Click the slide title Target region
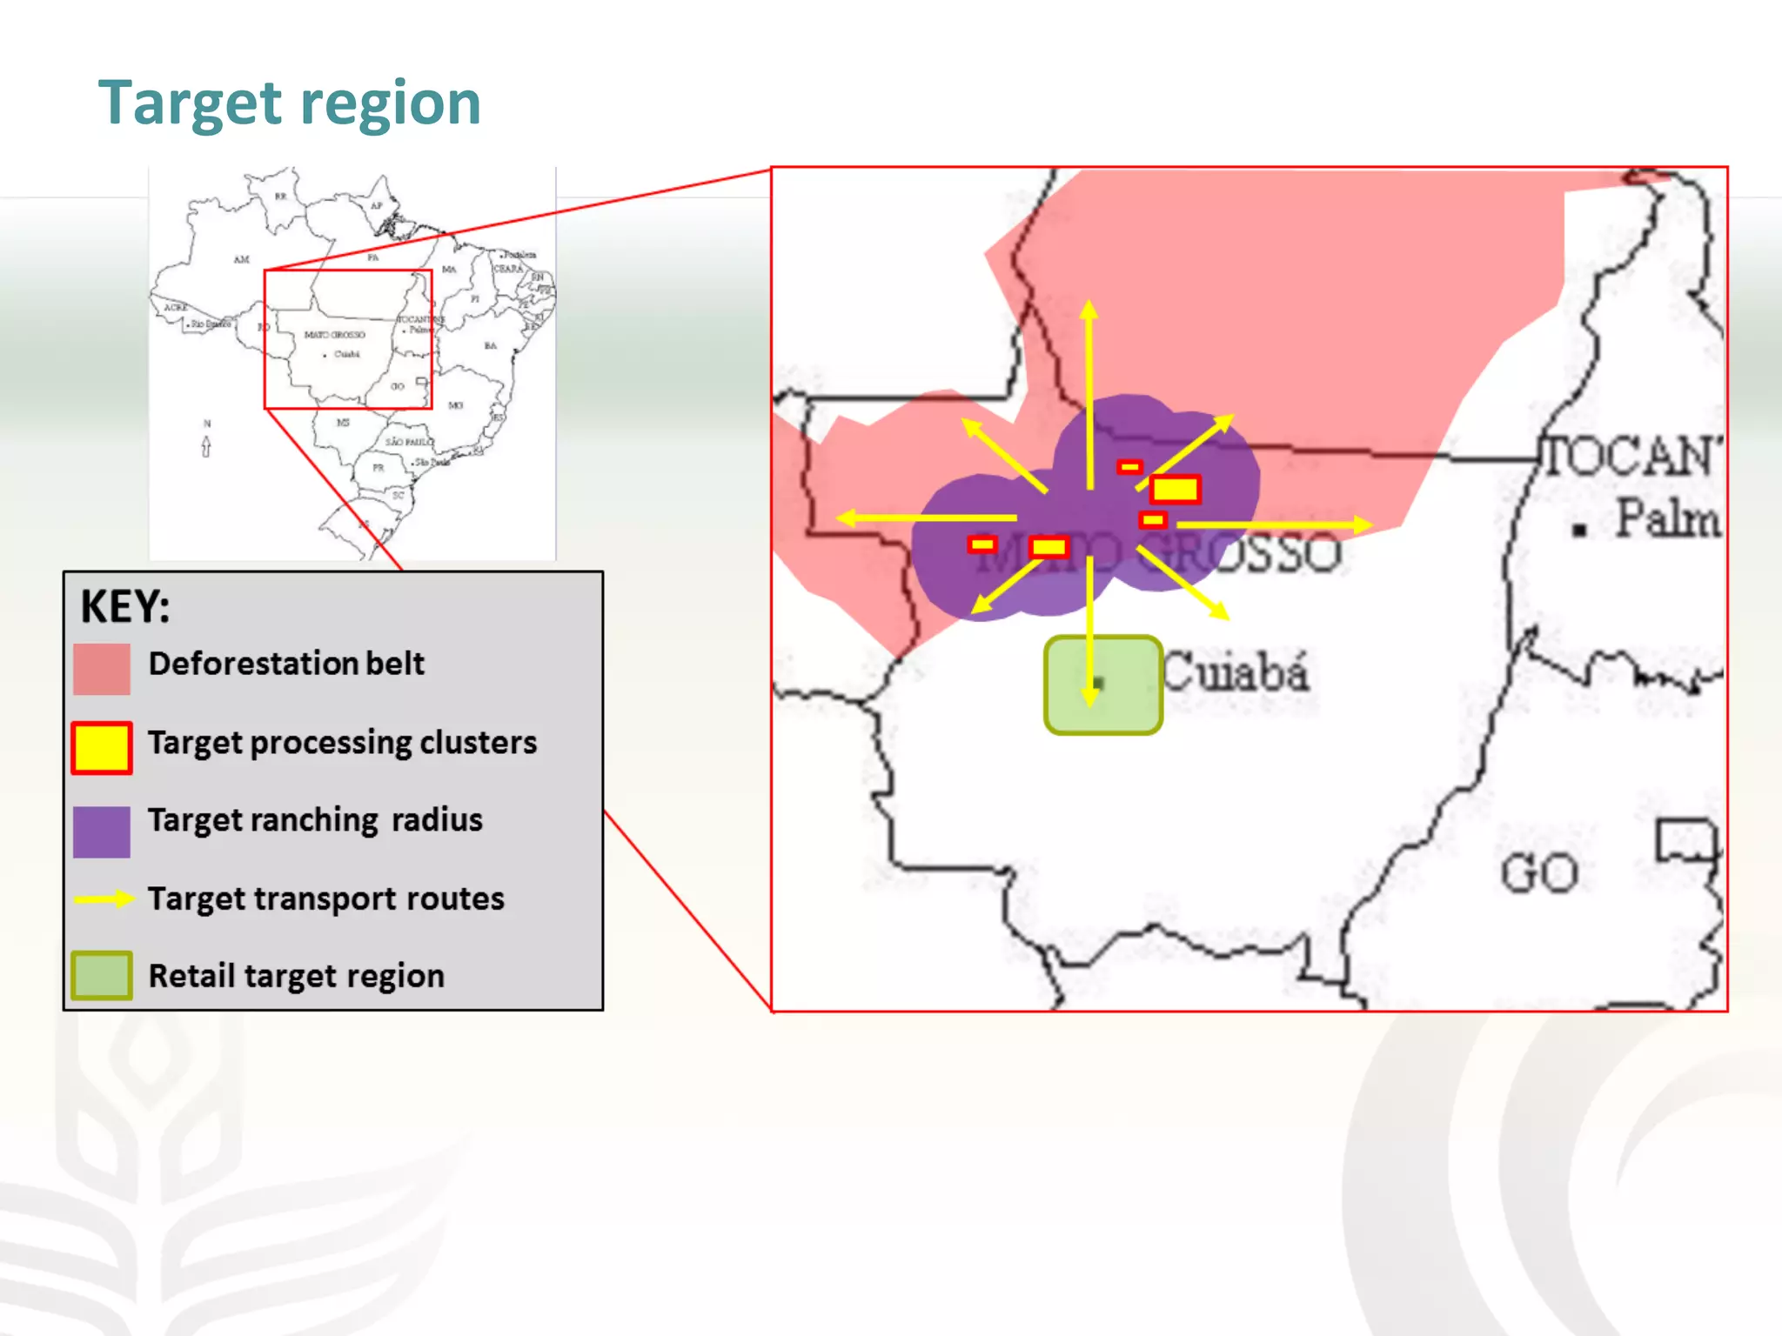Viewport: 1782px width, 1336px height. [289, 104]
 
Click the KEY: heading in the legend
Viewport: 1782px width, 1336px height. [125, 606]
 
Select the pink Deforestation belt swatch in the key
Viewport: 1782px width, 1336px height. [102, 669]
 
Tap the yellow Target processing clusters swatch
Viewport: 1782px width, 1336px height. [102, 747]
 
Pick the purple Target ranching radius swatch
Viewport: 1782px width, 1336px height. [102, 832]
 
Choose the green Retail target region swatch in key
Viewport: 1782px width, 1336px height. [102, 975]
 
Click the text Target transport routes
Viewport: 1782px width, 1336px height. [326, 898]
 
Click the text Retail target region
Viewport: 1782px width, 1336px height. [297, 976]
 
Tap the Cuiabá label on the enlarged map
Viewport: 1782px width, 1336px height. [1236, 671]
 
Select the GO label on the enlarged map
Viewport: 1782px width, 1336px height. [1539, 872]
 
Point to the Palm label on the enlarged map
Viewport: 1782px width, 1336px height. [1667, 518]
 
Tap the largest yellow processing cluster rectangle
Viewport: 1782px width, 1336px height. [1175, 490]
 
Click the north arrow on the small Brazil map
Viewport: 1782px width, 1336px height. [206, 446]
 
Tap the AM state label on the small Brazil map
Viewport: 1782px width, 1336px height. [241, 259]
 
